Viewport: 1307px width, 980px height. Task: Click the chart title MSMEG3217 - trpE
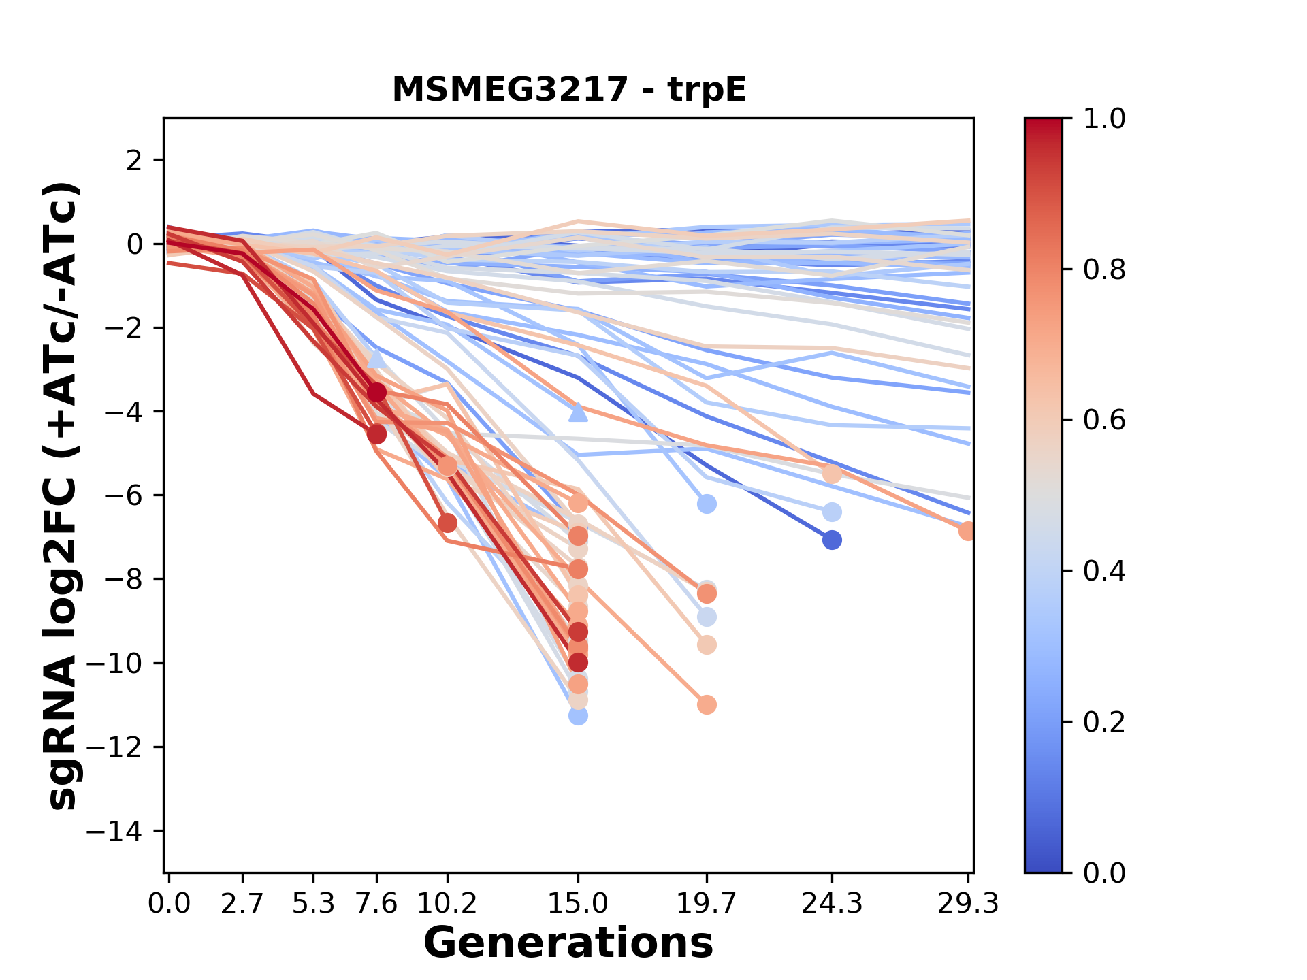pos(569,90)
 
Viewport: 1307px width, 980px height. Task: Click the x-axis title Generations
pos(568,943)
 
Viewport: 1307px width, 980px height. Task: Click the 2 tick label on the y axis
pos(135,161)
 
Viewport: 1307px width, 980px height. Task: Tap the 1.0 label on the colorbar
pos(1104,119)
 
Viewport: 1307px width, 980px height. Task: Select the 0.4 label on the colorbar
pos(1104,571)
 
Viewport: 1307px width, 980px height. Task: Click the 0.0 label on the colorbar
pos(1104,872)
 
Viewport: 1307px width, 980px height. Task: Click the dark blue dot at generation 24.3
pos(831,540)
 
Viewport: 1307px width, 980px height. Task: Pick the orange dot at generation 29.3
pos(967,532)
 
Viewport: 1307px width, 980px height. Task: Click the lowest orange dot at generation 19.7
pos(707,704)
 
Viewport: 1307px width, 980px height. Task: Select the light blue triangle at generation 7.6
pos(376,358)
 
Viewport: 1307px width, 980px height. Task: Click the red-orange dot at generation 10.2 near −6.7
pos(447,523)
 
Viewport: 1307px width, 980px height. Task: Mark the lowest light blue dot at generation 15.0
pos(578,716)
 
